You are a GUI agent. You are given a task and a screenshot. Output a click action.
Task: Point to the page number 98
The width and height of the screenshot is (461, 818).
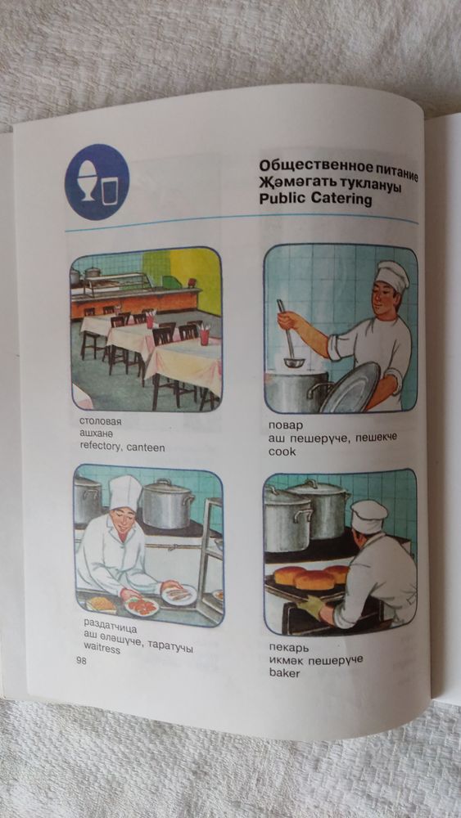(x=81, y=662)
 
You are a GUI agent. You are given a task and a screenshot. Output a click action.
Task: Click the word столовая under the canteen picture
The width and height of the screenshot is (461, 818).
(x=100, y=421)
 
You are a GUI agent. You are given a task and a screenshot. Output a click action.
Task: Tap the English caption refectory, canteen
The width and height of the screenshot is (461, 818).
(x=122, y=447)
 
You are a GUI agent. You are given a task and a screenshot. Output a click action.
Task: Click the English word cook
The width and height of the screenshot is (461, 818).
(x=282, y=452)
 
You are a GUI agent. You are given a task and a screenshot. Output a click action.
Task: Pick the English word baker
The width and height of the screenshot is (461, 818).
(x=284, y=673)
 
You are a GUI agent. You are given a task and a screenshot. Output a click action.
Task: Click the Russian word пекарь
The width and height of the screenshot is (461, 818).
(x=289, y=649)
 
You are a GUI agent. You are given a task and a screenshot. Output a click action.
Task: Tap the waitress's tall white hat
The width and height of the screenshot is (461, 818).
(x=124, y=493)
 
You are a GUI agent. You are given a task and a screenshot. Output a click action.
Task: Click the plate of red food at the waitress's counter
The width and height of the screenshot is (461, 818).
(x=142, y=606)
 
